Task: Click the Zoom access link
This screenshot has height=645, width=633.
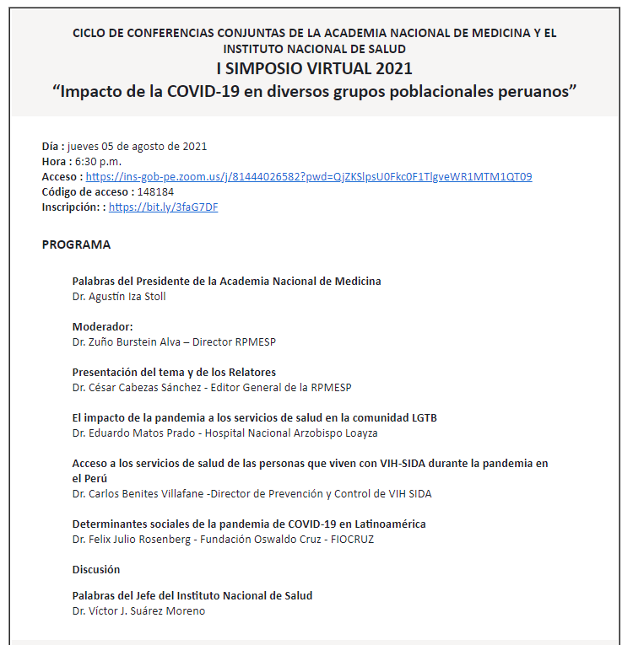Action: pos(309,177)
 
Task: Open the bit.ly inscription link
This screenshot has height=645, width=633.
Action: pos(163,207)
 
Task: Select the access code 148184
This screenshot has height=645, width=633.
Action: pos(156,192)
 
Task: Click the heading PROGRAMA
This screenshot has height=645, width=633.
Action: pos(76,245)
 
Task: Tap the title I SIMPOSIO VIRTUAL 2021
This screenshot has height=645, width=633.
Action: pos(314,69)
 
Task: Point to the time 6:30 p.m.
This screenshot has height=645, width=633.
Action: pos(94,162)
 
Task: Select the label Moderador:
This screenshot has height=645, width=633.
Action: pos(102,327)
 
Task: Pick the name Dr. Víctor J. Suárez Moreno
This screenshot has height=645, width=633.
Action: pos(138,610)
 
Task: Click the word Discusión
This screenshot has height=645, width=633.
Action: pos(96,569)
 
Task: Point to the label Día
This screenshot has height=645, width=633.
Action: pos(51,147)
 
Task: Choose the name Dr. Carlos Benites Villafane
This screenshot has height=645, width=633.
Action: pos(143,493)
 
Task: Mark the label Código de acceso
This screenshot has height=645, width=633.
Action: pos(84,192)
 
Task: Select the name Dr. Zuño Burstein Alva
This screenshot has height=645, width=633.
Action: pos(128,342)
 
